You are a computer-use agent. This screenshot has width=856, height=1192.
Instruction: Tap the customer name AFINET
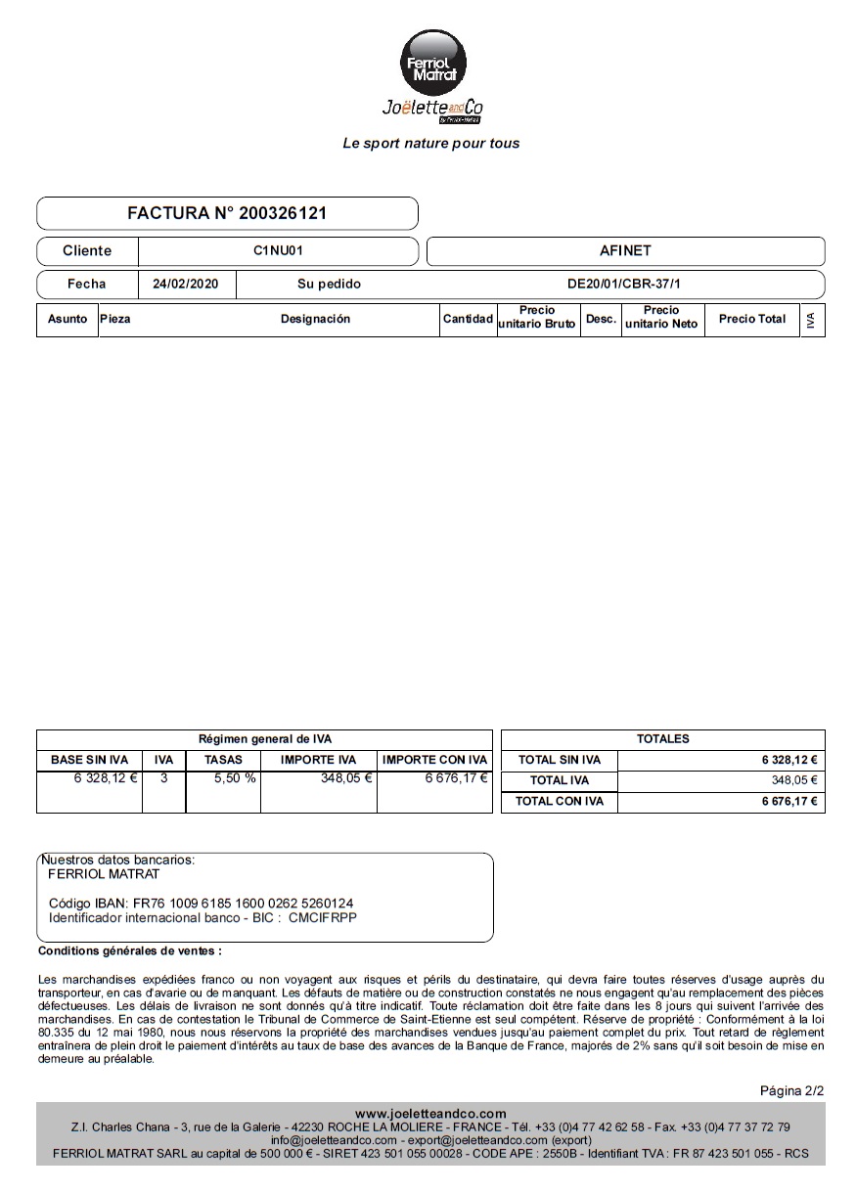click(625, 251)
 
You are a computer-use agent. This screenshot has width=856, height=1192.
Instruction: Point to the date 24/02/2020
click(193, 285)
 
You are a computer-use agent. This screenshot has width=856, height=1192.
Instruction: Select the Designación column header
click(315, 319)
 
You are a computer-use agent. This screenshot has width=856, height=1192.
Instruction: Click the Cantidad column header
click(468, 319)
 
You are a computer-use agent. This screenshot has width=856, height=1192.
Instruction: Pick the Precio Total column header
click(751, 319)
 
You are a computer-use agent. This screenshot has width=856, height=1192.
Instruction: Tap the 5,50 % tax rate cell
click(235, 778)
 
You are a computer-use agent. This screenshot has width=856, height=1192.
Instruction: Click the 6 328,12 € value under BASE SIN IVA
click(106, 778)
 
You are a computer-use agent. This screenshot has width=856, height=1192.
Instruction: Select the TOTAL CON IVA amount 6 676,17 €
click(789, 802)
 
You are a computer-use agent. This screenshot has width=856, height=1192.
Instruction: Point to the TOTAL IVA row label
click(560, 780)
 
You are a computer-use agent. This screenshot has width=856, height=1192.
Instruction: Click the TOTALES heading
click(662, 739)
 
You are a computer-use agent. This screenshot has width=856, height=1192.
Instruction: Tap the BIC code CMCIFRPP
click(323, 918)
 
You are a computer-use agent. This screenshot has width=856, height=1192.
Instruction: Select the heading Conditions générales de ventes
click(129, 950)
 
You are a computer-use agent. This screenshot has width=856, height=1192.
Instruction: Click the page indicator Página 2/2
click(791, 1090)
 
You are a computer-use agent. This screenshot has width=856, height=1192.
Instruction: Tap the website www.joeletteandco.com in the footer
click(430, 1114)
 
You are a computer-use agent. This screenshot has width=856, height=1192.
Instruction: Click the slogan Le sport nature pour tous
click(430, 144)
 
